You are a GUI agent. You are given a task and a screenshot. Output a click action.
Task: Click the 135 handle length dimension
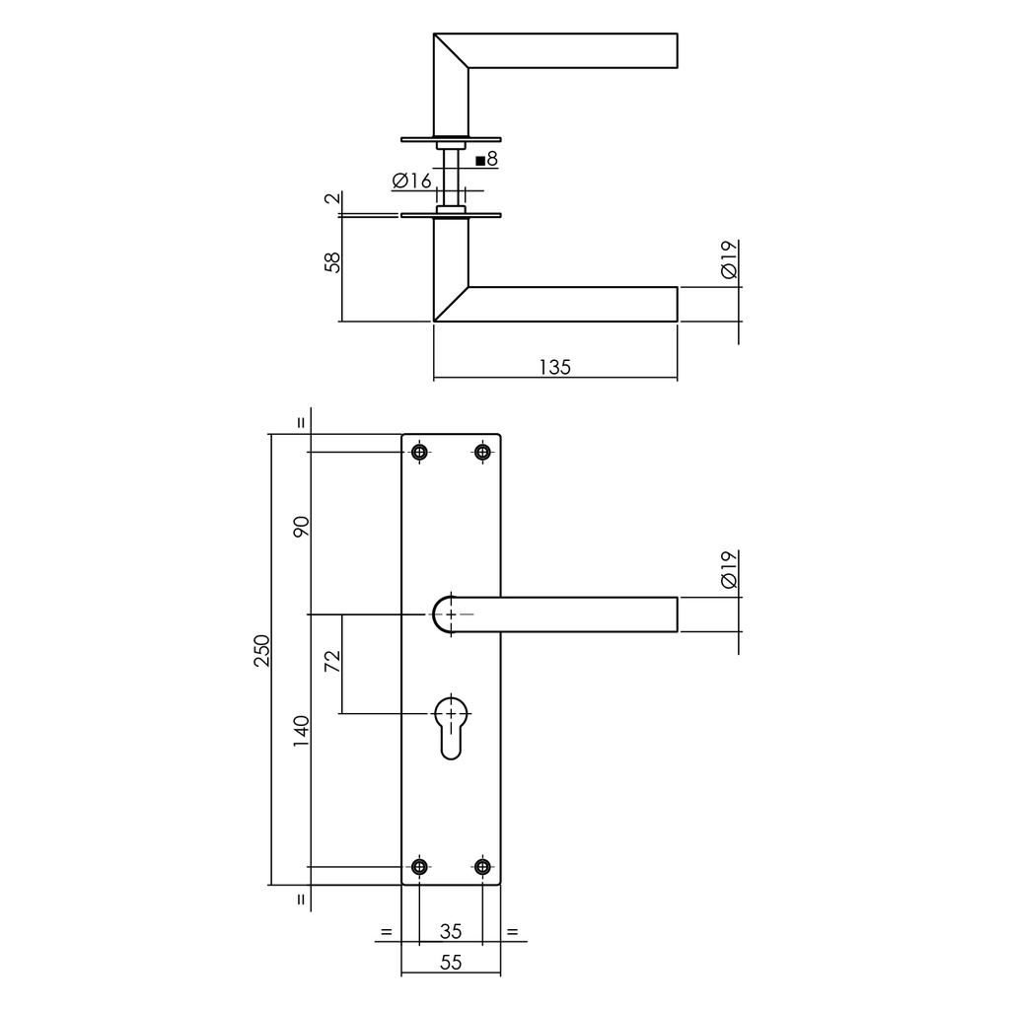click(554, 367)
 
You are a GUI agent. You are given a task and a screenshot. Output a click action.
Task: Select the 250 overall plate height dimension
click(261, 650)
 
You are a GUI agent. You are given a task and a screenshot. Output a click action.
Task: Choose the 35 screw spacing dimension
click(451, 931)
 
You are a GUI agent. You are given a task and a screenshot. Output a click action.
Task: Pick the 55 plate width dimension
click(451, 964)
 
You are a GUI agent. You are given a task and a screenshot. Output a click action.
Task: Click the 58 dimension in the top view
click(332, 262)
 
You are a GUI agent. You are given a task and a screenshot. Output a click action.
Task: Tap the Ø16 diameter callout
click(410, 180)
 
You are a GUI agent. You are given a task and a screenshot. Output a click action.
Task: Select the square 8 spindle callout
click(486, 159)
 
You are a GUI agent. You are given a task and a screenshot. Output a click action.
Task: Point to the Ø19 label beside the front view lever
click(729, 570)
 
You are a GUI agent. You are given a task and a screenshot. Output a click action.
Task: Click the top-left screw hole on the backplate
click(420, 452)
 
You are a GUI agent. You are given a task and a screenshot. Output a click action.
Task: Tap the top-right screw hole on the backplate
click(482, 452)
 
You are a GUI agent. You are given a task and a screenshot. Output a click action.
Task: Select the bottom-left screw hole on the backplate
click(420, 867)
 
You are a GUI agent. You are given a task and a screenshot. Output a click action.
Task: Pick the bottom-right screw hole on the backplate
click(482, 867)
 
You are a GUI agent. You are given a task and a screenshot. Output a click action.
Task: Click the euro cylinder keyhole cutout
click(451, 727)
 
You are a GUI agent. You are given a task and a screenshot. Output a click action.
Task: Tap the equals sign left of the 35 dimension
click(386, 931)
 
